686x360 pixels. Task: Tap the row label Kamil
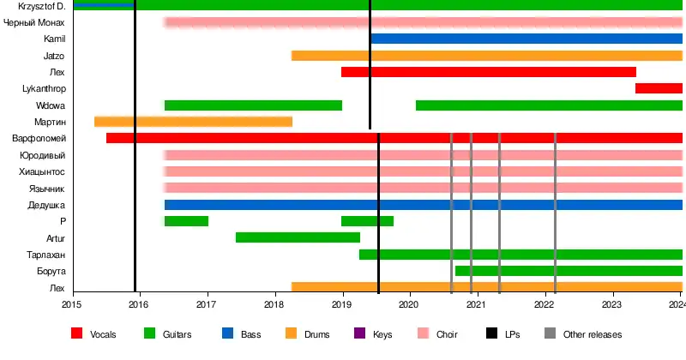[x=54, y=39]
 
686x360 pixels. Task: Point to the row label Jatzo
[x=53, y=56]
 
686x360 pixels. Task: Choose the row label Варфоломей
[x=39, y=139]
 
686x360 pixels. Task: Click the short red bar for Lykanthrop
[x=659, y=88]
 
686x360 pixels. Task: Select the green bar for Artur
[x=298, y=237]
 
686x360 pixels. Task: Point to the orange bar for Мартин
[x=193, y=122]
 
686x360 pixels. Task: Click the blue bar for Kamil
[x=526, y=39]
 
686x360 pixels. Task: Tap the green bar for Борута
[x=569, y=271]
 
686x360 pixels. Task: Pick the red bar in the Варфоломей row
[x=394, y=138]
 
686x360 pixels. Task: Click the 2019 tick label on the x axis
[x=341, y=303]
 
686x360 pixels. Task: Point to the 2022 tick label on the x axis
[x=545, y=303]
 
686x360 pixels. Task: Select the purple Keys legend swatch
[x=358, y=334]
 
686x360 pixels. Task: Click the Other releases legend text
[x=593, y=334]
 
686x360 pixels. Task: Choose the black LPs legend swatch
[x=492, y=334]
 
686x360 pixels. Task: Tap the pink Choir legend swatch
[x=422, y=334]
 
